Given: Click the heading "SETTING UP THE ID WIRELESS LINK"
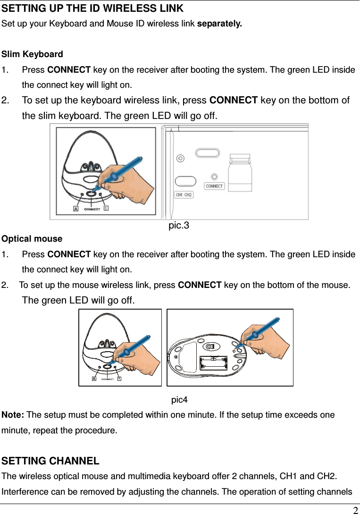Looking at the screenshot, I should pos(92,8).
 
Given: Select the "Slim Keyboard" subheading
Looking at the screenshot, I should pos(33,54).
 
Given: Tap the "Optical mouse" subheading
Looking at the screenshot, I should pos(32,239).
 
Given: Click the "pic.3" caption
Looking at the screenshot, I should pos(179,226).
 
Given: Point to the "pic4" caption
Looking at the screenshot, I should pos(179,400).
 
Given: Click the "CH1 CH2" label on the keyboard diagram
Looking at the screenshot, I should pos(184,194).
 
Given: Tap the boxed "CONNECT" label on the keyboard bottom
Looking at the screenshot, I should pos(214,186).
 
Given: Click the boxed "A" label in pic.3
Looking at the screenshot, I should pos(75,209).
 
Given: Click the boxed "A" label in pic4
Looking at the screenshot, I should pos(94,379).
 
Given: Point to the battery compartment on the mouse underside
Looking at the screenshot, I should pos(213,363).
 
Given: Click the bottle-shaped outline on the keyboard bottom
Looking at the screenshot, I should pos(240,172).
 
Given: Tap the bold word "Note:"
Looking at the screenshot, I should pos(13,415).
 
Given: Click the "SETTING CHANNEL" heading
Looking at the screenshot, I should pos(50,461).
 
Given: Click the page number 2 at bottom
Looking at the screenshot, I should pos(355,509).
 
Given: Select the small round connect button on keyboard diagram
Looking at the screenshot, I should pos(215,177).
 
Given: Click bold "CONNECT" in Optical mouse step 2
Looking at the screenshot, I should pos(199,285).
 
